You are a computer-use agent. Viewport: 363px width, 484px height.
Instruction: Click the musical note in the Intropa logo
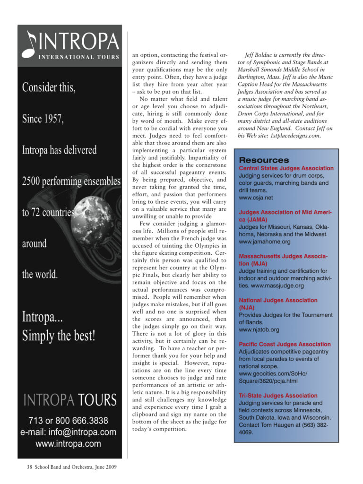31,43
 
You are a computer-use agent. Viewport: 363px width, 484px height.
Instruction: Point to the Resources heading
264,160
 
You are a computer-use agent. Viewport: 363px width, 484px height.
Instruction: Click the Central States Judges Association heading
286,168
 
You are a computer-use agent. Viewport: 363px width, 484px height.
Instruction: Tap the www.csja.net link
256,198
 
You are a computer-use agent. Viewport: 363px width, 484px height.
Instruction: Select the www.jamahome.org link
265,242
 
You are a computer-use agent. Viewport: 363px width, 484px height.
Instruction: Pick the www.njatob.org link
259,329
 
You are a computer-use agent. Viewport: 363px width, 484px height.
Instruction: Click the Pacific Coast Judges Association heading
285,344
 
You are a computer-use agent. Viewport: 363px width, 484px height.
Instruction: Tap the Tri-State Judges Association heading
278,396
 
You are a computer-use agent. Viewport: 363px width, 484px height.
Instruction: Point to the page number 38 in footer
29,467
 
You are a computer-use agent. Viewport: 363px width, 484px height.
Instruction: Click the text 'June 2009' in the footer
103,467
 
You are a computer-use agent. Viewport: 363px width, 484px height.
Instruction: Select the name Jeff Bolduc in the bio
259,55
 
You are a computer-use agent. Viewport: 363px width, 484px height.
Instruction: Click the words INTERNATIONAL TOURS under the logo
79,57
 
